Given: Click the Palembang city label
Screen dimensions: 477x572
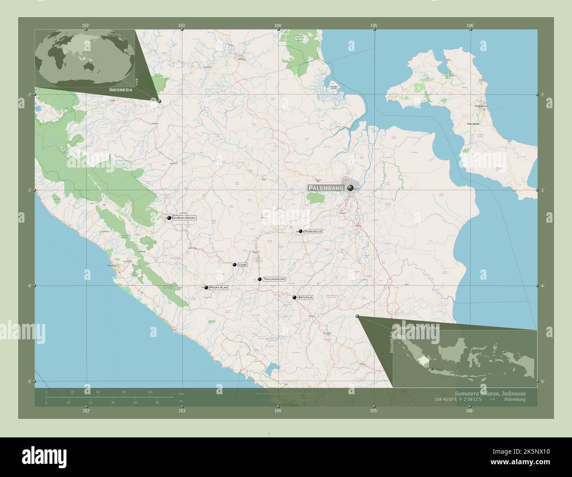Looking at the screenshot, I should (326, 188).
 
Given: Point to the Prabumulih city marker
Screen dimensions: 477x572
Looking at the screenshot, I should (301, 231).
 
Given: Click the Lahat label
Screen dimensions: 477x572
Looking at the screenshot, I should (242, 265).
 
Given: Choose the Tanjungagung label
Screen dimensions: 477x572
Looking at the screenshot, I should (275, 279).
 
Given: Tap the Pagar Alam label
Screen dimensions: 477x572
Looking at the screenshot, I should (219, 287).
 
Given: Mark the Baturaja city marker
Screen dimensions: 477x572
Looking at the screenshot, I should (294, 297).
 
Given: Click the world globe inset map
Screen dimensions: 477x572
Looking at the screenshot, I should (85, 57).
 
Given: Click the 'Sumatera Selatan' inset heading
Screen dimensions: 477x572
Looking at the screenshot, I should (417, 328).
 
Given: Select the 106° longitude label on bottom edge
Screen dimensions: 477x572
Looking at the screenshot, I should (470, 411).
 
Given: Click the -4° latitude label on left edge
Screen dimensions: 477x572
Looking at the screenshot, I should (29, 286).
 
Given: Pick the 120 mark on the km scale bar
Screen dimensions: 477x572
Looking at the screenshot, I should (150, 392).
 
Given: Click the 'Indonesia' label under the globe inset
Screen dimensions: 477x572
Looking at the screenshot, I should (121, 89).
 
